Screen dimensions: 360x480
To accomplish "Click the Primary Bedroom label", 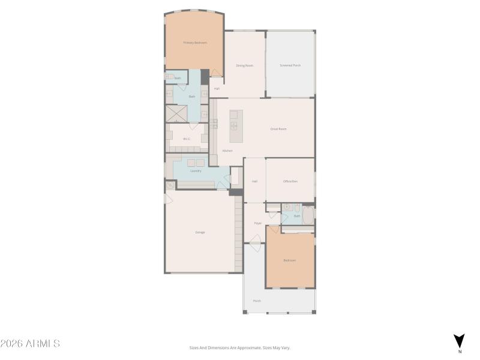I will tap(195, 43).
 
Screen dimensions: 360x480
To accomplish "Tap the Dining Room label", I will tap(244, 65).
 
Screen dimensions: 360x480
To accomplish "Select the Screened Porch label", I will tap(290, 65).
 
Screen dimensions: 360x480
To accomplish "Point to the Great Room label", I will tap(278, 129).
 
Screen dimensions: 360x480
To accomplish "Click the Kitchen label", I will tap(227, 151).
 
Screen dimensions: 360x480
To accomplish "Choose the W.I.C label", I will tap(187, 139).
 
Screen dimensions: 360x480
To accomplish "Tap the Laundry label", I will tap(196, 171).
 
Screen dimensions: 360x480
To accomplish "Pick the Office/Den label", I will tap(290, 181).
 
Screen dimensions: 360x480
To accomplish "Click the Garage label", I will tap(200, 232).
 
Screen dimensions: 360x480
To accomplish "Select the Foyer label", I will tap(258, 223).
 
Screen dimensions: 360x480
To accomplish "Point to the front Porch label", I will tap(257, 301).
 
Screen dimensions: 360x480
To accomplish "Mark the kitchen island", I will tap(234, 126).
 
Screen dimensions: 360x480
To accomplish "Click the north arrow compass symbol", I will tap(459, 340).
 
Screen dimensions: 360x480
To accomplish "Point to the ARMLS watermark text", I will tap(30, 344).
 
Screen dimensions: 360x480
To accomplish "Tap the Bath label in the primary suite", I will tap(192, 96).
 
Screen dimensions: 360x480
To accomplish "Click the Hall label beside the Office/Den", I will tap(254, 181).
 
